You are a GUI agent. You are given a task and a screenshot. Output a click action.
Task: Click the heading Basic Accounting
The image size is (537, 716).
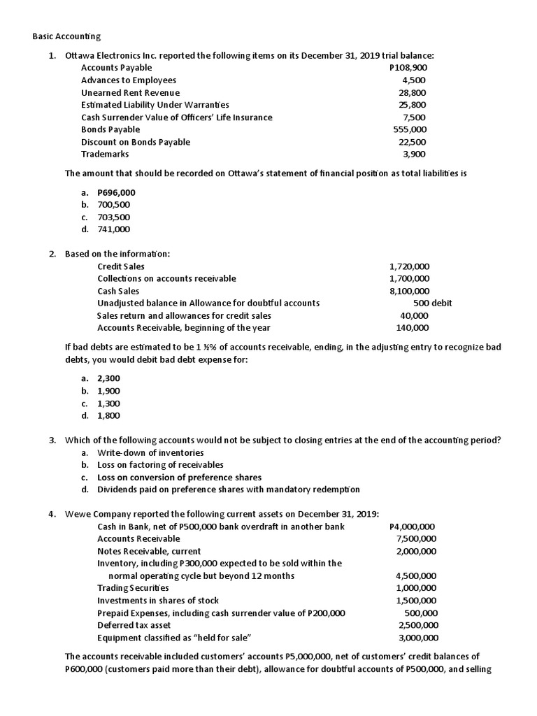pos(67,36)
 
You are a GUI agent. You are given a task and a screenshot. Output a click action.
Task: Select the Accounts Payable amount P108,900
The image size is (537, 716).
pos(408,68)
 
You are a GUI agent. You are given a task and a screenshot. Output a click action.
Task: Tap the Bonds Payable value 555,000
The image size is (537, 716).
pos(410,129)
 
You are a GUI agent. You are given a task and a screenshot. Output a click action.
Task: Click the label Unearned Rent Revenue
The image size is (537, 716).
pos(130,92)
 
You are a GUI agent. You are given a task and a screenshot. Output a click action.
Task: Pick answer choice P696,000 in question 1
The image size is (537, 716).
pos(116,192)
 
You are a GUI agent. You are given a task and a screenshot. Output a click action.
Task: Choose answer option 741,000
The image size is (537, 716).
pos(113,229)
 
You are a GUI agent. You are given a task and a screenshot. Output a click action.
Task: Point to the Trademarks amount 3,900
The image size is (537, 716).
pos(414,154)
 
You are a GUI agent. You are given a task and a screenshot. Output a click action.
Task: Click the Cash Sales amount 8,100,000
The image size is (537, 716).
pos(410,291)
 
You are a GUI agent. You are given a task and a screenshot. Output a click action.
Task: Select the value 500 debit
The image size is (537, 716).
pos(432,303)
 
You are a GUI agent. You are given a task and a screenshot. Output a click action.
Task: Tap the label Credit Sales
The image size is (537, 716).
pos(121,266)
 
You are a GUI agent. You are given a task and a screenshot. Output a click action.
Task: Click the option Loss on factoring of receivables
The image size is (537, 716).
pos(160,465)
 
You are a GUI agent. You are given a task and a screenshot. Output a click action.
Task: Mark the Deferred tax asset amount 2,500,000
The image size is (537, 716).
pos(418,625)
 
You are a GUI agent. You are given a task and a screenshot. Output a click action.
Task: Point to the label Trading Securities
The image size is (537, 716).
pos(133,588)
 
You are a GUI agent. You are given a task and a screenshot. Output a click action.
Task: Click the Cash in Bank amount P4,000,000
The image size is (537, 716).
pos(411,527)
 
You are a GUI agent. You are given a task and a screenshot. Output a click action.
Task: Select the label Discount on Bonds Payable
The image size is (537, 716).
pos(135,142)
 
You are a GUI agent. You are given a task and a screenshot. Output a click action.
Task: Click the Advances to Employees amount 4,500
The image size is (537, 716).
pos(414,80)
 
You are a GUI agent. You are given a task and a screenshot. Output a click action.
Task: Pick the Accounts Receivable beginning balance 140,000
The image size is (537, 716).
pos(413,327)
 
